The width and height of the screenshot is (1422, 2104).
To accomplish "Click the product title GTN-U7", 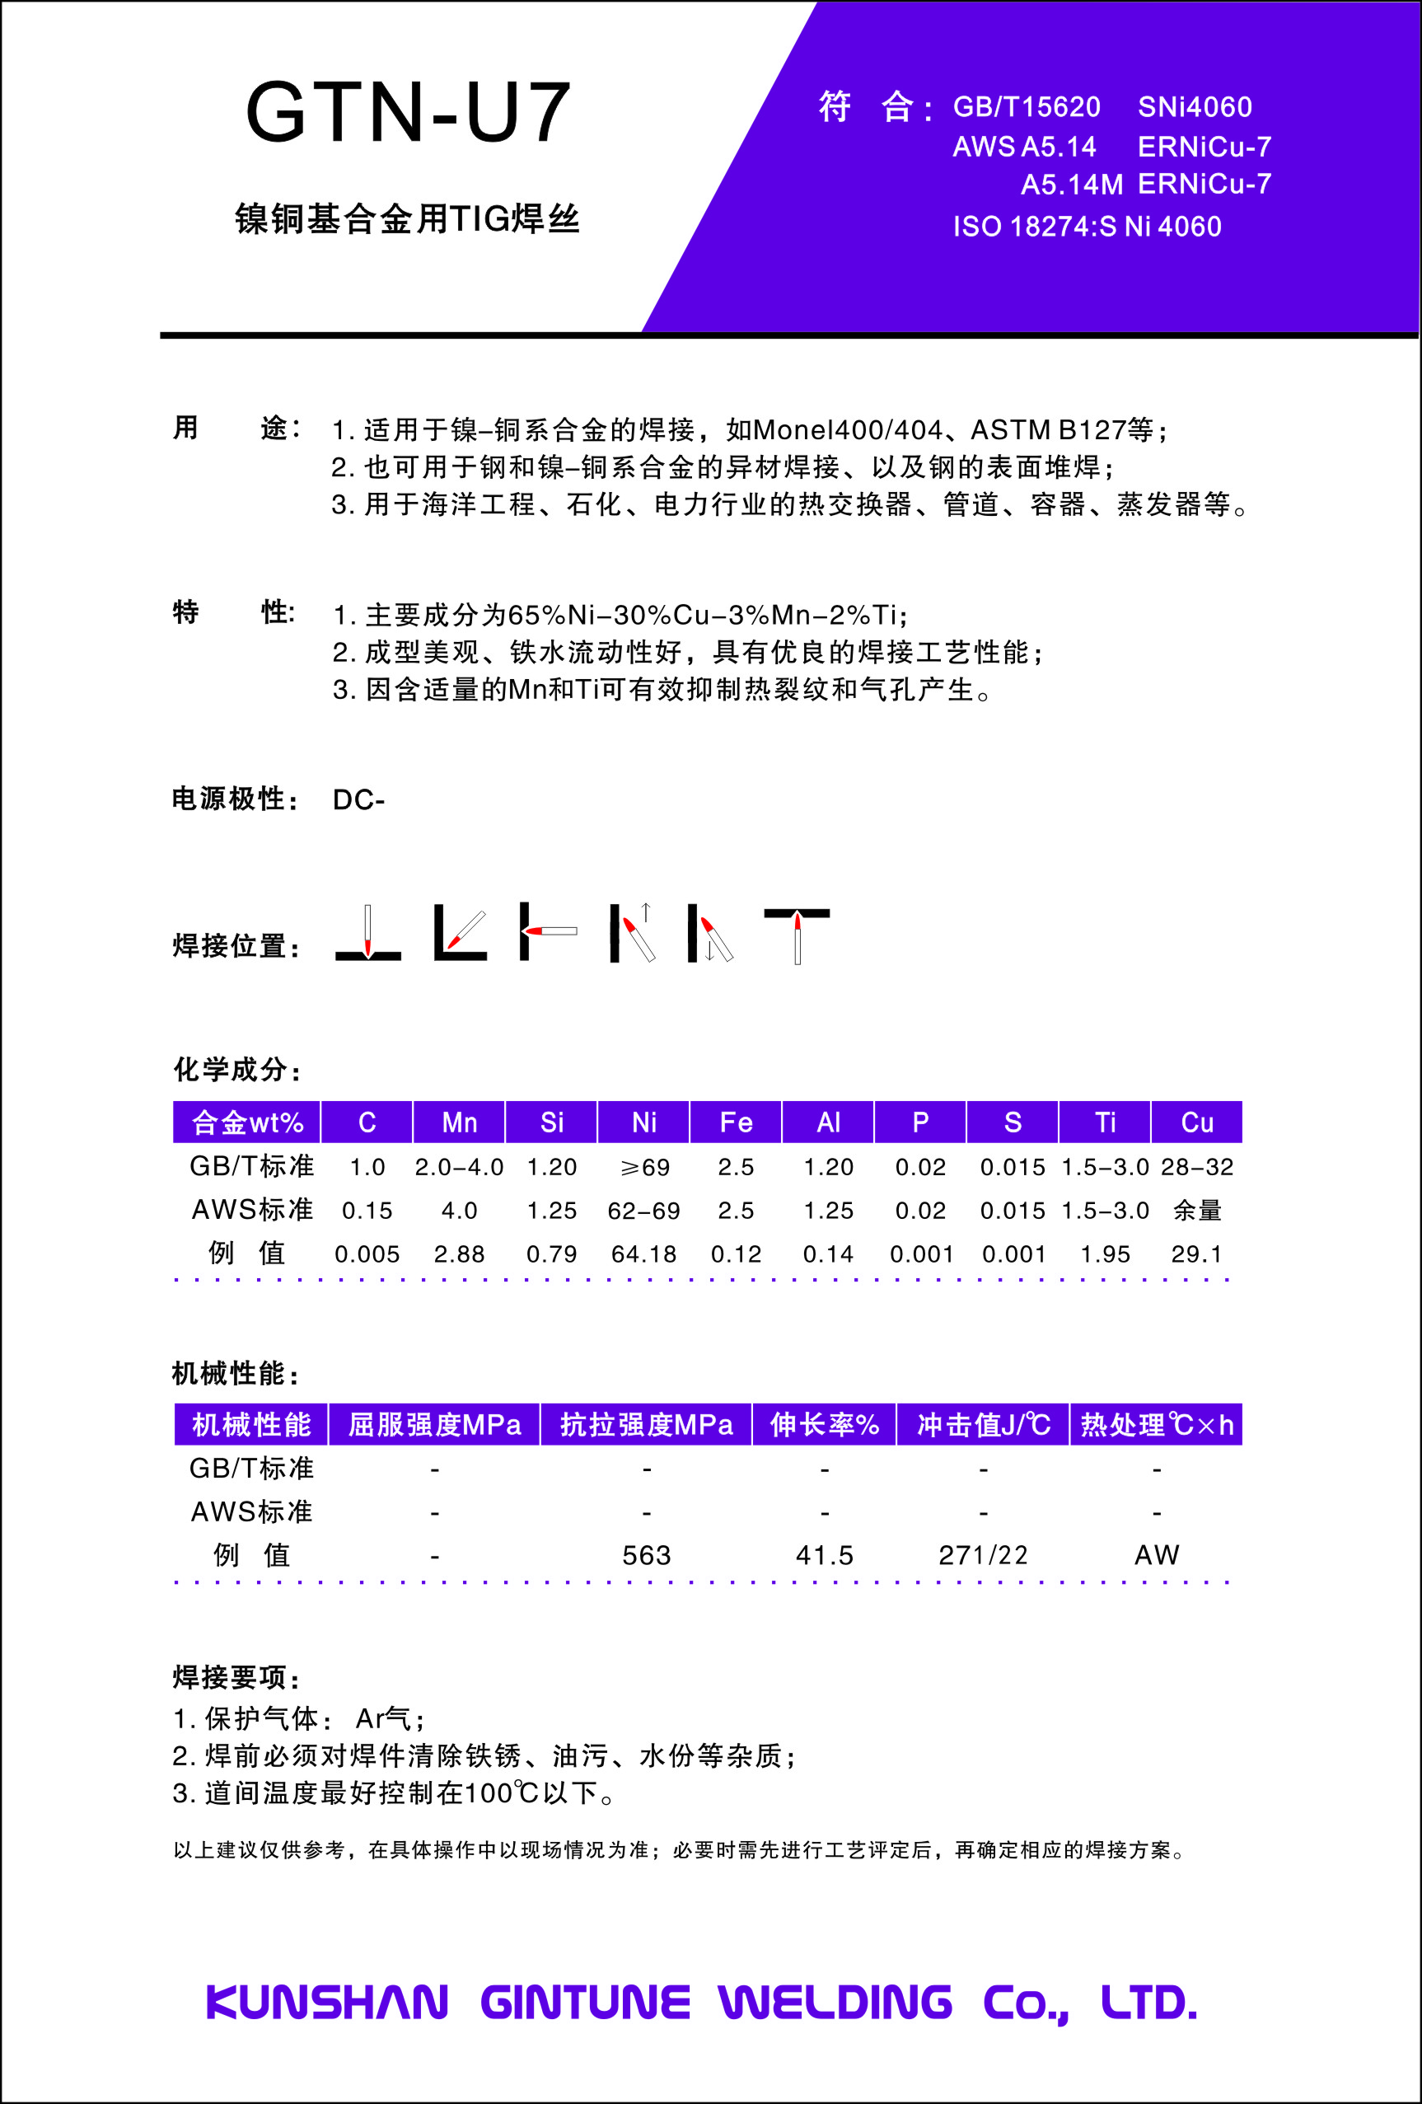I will (x=407, y=113).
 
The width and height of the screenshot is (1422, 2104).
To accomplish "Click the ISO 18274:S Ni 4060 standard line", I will (x=1086, y=227).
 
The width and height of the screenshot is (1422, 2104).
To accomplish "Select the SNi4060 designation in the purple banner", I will (x=1194, y=108).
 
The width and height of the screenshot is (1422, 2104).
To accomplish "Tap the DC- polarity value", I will (x=358, y=800).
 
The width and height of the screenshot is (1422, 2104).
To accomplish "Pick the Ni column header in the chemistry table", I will (x=643, y=1122).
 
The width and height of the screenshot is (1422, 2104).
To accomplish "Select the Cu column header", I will (x=1196, y=1122).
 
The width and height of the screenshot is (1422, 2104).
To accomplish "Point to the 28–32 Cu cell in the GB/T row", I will (x=1196, y=1167).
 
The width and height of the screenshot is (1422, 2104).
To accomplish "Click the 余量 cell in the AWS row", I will (x=1196, y=1211).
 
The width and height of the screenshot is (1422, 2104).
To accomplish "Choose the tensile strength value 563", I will (x=646, y=1555).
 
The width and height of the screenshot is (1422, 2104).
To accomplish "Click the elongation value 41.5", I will (x=824, y=1555).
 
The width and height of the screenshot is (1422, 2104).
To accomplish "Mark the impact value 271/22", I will (x=983, y=1555).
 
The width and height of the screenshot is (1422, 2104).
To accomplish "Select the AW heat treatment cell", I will (x=1156, y=1555).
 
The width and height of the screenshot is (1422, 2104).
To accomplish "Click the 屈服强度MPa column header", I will (x=434, y=1425).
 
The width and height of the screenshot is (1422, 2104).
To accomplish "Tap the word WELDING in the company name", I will (x=835, y=2002).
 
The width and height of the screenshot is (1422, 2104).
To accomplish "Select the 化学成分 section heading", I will (x=236, y=1069).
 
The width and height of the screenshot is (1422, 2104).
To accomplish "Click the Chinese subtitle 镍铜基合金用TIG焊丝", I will (x=407, y=219).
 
